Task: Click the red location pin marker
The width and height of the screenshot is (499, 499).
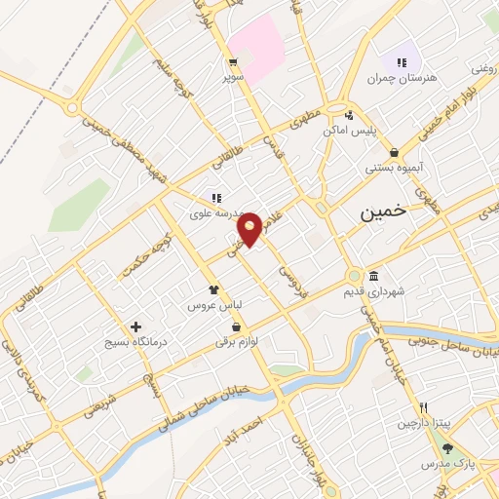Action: tap(250, 228)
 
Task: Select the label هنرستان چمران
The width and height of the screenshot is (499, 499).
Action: tap(401, 77)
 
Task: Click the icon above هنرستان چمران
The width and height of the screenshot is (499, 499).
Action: tap(402, 60)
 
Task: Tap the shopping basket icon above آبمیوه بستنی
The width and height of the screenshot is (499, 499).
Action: tap(394, 152)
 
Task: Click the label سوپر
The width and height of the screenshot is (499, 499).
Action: tap(231, 75)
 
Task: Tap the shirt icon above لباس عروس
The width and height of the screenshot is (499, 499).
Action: tap(214, 289)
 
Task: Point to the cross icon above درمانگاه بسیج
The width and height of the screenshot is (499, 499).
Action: tap(135, 326)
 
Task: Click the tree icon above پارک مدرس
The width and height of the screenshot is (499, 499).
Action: tap(447, 448)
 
